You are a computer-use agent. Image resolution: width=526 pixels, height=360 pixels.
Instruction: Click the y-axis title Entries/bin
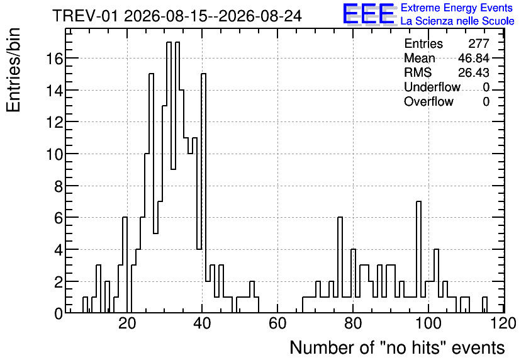pyautogui.click(x=13, y=70)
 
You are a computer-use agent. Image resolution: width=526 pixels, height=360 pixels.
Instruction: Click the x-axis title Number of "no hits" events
pyautogui.click(x=397, y=347)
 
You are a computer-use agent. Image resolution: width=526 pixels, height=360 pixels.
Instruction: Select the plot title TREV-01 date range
pyautogui.click(x=177, y=16)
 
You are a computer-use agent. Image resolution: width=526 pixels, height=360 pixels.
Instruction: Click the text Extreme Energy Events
pyautogui.click(x=457, y=8)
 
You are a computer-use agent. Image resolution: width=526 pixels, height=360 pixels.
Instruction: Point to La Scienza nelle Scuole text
pyautogui.click(x=457, y=21)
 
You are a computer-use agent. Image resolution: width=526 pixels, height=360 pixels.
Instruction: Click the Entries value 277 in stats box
pyautogui.click(x=479, y=43)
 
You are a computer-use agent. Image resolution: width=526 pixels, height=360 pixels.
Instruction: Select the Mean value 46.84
pyautogui.click(x=474, y=58)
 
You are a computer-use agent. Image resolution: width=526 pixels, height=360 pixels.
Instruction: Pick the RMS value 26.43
pyautogui.click(x=474, y=72)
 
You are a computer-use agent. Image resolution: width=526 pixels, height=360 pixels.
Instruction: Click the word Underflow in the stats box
pyautogui.click(x=432, y=87)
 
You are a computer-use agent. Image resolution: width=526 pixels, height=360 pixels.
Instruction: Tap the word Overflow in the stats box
pyautogui.click(x=428, y=101)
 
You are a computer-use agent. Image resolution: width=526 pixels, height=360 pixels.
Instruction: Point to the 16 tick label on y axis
pyautogui.click(x=54, y=59)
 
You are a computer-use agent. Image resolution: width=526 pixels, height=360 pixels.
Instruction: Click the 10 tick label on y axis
pyautogui.click(x=54, y=154)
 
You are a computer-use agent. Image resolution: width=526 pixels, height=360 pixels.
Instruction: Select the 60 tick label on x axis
pyautogui.click(x=277, y=323)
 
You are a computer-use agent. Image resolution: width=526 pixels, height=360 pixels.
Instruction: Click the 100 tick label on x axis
pyautogui.click(x=428, y=323)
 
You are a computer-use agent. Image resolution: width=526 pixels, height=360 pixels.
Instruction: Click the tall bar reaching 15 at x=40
pyautogui.click(x=203, y=193)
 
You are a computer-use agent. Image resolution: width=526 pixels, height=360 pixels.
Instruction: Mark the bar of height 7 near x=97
pyautogui.click(x=418, y=257)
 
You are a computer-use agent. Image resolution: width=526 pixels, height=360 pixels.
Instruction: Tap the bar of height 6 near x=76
pyautogui.click(x=340, y=265)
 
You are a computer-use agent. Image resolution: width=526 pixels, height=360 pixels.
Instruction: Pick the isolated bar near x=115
pyautogui.click(x=484, y=305)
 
